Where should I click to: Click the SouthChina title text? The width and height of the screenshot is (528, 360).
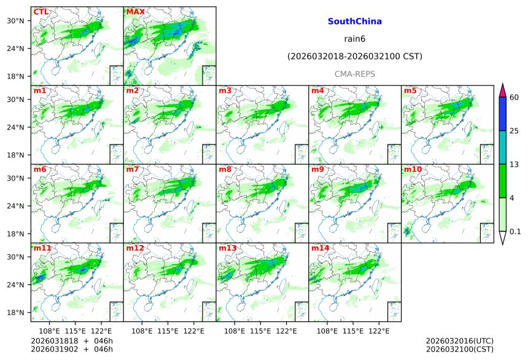coord(354,22)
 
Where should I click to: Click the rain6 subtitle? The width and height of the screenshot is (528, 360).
coord(354,39)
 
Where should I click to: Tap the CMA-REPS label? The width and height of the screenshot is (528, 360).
coord(354,74)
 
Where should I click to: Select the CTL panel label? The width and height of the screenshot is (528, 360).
coord(41,12)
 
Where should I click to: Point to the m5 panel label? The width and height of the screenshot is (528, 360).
coord(410,91)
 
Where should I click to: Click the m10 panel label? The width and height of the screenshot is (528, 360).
coord(413,170)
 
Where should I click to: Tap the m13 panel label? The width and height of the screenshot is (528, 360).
coord(227,248)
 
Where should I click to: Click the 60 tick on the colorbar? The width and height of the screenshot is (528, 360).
coord(514,97)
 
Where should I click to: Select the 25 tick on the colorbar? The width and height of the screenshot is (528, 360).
coord(514,131)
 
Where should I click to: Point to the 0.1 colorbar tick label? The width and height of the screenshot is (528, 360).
coord(515,231)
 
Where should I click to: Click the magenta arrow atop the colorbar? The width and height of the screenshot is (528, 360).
coord(502,90)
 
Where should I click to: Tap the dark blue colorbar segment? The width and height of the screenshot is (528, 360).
coord(502,114)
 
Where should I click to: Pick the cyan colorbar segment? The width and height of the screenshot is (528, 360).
coord(502,147)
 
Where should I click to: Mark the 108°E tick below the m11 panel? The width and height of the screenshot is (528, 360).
coord(50,331)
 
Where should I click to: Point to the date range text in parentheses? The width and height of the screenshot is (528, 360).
coord(354,57)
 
